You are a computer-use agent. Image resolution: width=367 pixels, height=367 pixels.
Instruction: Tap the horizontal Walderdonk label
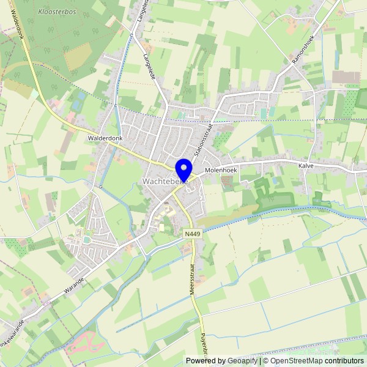tap(105, 139)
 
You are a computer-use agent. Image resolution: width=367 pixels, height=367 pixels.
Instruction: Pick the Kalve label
tap(306, 165)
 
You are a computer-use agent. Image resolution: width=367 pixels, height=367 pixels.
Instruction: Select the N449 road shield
tap(193, 233)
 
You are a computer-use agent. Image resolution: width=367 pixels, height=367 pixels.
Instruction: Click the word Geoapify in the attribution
tap(242, 361)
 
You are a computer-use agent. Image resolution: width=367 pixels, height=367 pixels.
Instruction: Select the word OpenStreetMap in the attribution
tap(298, 361)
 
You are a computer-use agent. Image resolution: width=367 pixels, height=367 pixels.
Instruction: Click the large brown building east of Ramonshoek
tap(346, 77)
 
